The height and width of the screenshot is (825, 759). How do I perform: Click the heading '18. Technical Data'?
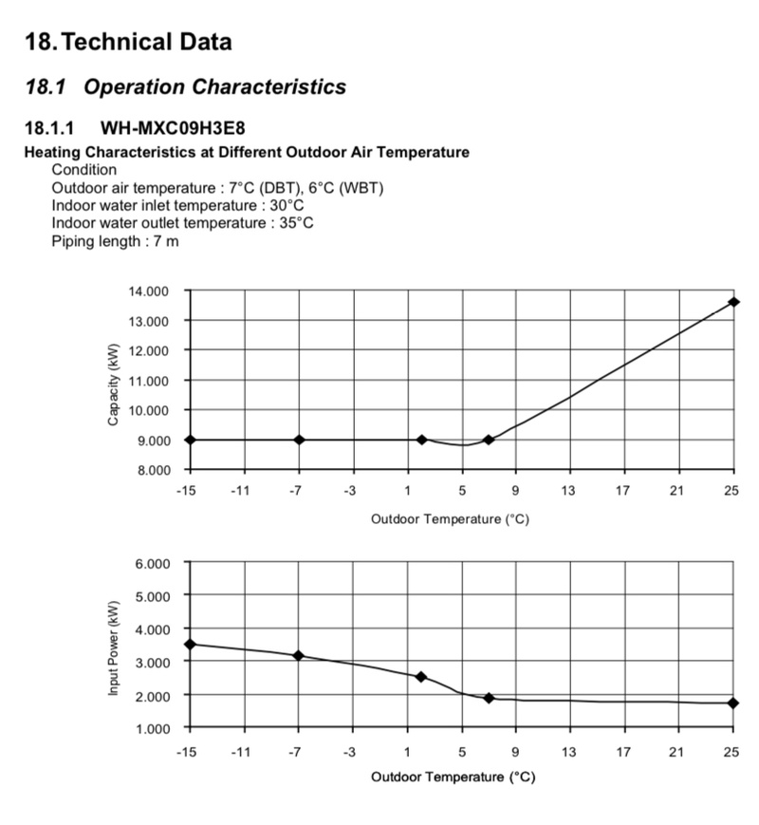128,42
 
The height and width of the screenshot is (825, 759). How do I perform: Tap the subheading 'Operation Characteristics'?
214,87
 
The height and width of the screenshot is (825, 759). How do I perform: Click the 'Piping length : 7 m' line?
115,241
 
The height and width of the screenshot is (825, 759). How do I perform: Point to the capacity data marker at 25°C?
733,302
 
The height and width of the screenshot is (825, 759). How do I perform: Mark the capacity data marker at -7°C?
300,440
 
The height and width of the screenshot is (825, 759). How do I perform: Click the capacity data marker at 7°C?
489,440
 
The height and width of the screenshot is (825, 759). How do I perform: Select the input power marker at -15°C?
191,644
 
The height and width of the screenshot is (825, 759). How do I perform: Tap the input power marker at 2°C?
421,677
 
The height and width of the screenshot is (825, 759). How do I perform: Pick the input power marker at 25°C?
733,703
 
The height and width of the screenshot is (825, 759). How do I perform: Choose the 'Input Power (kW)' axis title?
113,647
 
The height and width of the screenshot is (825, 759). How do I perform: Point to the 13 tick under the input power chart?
568,752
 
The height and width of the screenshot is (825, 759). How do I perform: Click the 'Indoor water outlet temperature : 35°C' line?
182,223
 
